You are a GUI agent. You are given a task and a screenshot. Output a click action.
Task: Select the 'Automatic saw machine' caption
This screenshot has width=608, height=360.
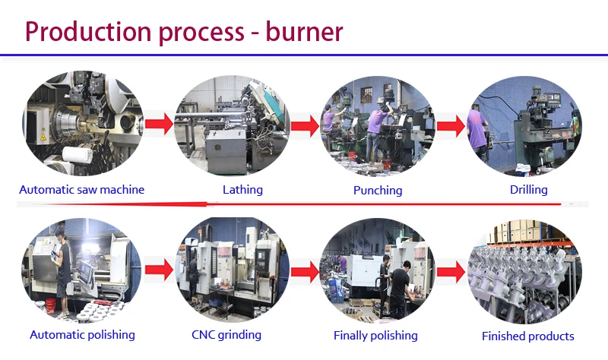(x=81, y=189)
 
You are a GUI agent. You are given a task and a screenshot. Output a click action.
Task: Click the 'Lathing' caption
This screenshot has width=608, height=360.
(x=242, y=189)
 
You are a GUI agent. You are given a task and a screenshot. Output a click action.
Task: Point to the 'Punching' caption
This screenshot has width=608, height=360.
(x=378, y=190)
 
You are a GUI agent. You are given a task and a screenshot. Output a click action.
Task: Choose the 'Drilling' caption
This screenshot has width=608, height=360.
(x=528, y=189)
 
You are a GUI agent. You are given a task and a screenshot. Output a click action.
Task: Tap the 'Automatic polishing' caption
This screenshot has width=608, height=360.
(x=82, y=334)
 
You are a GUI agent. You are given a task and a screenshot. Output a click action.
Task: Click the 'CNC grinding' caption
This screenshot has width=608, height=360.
(x=226, y=334)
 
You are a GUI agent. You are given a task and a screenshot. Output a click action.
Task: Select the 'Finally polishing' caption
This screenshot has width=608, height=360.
(x=375, y=335)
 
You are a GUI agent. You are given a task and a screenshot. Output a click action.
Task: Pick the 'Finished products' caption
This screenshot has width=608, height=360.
(x=528, y=336)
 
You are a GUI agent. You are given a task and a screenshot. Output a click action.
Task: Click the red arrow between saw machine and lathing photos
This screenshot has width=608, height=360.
(x=159, y=124)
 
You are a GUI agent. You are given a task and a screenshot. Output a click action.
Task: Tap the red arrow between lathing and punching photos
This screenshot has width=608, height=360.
(x=304, y=125)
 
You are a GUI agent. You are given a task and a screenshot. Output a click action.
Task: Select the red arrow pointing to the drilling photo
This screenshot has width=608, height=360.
(x=450, y=125)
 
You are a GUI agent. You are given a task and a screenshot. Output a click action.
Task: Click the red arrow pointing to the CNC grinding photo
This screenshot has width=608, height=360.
(x=159, y=269)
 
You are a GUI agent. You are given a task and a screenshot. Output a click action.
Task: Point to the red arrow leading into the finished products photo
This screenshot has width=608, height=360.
(x=450, y=270)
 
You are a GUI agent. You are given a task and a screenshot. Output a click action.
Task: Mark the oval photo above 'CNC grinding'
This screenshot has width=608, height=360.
(x=232, y=270)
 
